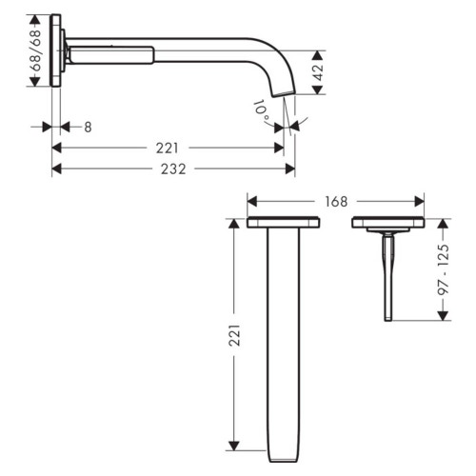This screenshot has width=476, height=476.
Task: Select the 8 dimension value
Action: click(87, 127)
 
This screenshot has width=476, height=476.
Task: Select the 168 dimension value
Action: click(336, 201)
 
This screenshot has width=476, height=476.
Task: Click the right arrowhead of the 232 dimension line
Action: click(291, 168)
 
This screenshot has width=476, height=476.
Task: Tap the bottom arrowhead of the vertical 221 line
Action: click(231, 446)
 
